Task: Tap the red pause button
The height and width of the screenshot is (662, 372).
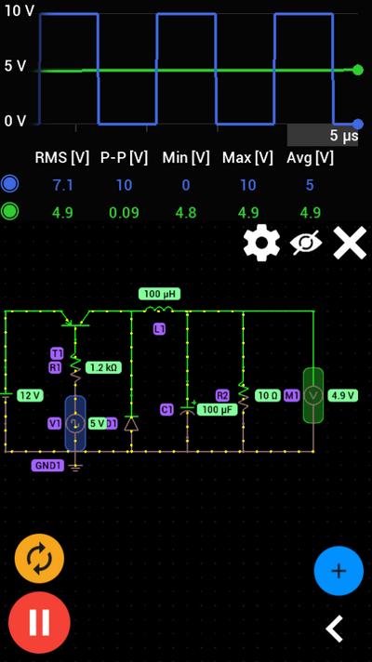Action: pos(39,622)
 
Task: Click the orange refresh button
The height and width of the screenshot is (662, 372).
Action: pos(39,559)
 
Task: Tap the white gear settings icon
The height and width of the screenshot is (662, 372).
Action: pos(261,243)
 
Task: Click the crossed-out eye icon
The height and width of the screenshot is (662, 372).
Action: pos(305,243)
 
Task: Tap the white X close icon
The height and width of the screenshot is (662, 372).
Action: pos(350,243)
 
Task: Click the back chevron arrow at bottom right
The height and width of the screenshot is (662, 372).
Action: pos(335,629)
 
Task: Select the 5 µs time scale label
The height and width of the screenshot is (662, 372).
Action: pos(343,136)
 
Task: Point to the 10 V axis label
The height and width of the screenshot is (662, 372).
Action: pos(18,12)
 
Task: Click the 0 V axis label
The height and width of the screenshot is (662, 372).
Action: pos(15,121)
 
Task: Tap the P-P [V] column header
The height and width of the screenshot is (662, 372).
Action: pos(124,158)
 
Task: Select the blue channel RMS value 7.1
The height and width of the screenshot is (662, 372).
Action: pos(62,185)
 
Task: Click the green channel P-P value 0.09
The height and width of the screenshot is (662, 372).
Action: pos(124,212)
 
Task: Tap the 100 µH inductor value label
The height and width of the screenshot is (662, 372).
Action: pos(159,294)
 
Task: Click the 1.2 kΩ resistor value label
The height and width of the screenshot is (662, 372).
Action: pos(103,368)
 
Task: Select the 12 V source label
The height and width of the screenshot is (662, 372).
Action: pos(30,395)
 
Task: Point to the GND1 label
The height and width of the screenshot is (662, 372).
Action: pos(47,465)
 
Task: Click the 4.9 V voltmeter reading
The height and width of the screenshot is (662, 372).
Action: pos(343,395)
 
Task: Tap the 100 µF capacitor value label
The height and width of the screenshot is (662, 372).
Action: pos(217,409)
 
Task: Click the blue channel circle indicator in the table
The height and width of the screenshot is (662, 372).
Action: pos(10,184)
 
